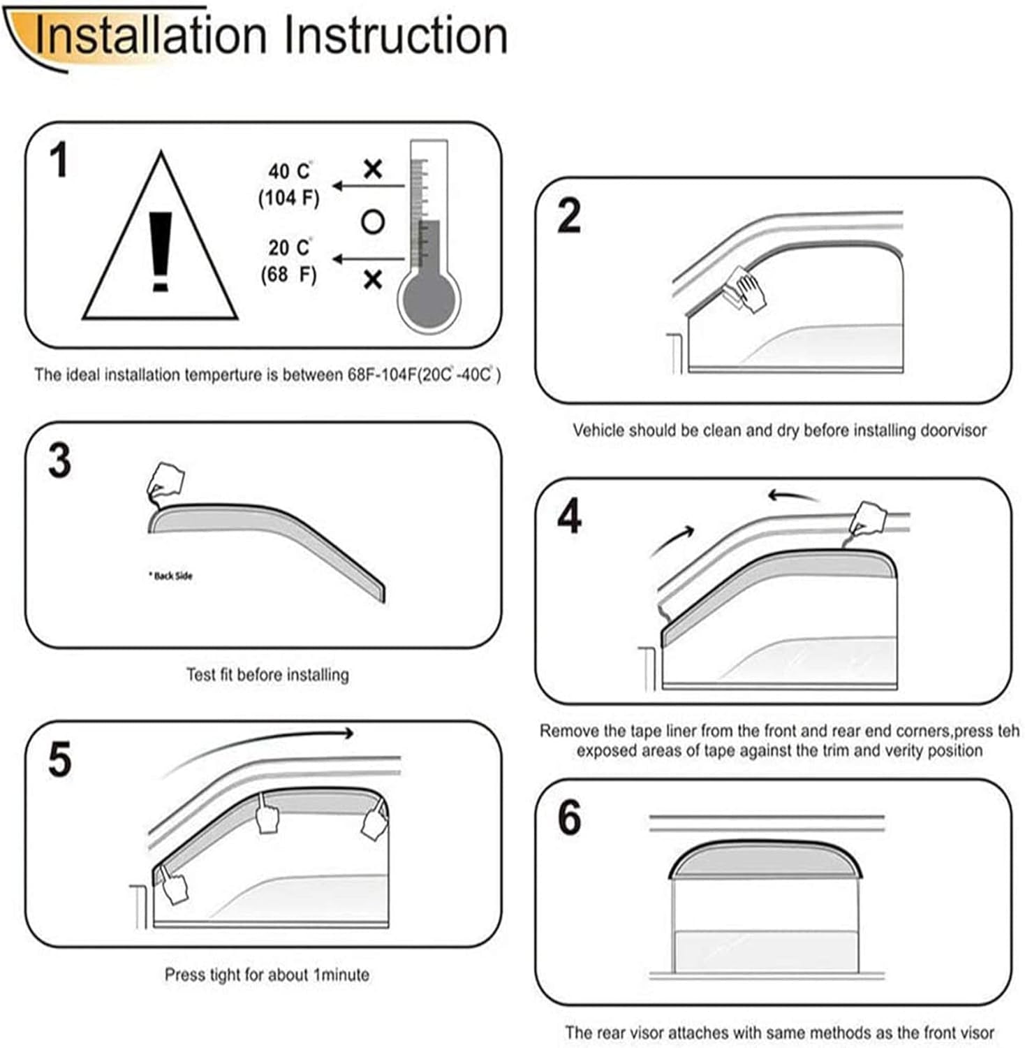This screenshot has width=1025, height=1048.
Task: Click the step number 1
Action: point(59,160)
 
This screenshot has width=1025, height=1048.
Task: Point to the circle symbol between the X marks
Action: point(373,222)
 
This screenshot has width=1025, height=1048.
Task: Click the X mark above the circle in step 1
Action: point(373,169)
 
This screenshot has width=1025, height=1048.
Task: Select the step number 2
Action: point(569,216)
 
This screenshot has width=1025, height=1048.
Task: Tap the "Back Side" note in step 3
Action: point(170,576)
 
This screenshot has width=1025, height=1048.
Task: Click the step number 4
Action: point(570,517)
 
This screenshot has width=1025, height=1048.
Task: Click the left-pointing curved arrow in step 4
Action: point(792,496)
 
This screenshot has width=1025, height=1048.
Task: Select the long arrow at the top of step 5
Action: point(258,748)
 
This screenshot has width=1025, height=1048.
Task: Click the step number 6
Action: point(569,817)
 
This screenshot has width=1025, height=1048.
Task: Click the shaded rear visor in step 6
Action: point(765,861)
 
